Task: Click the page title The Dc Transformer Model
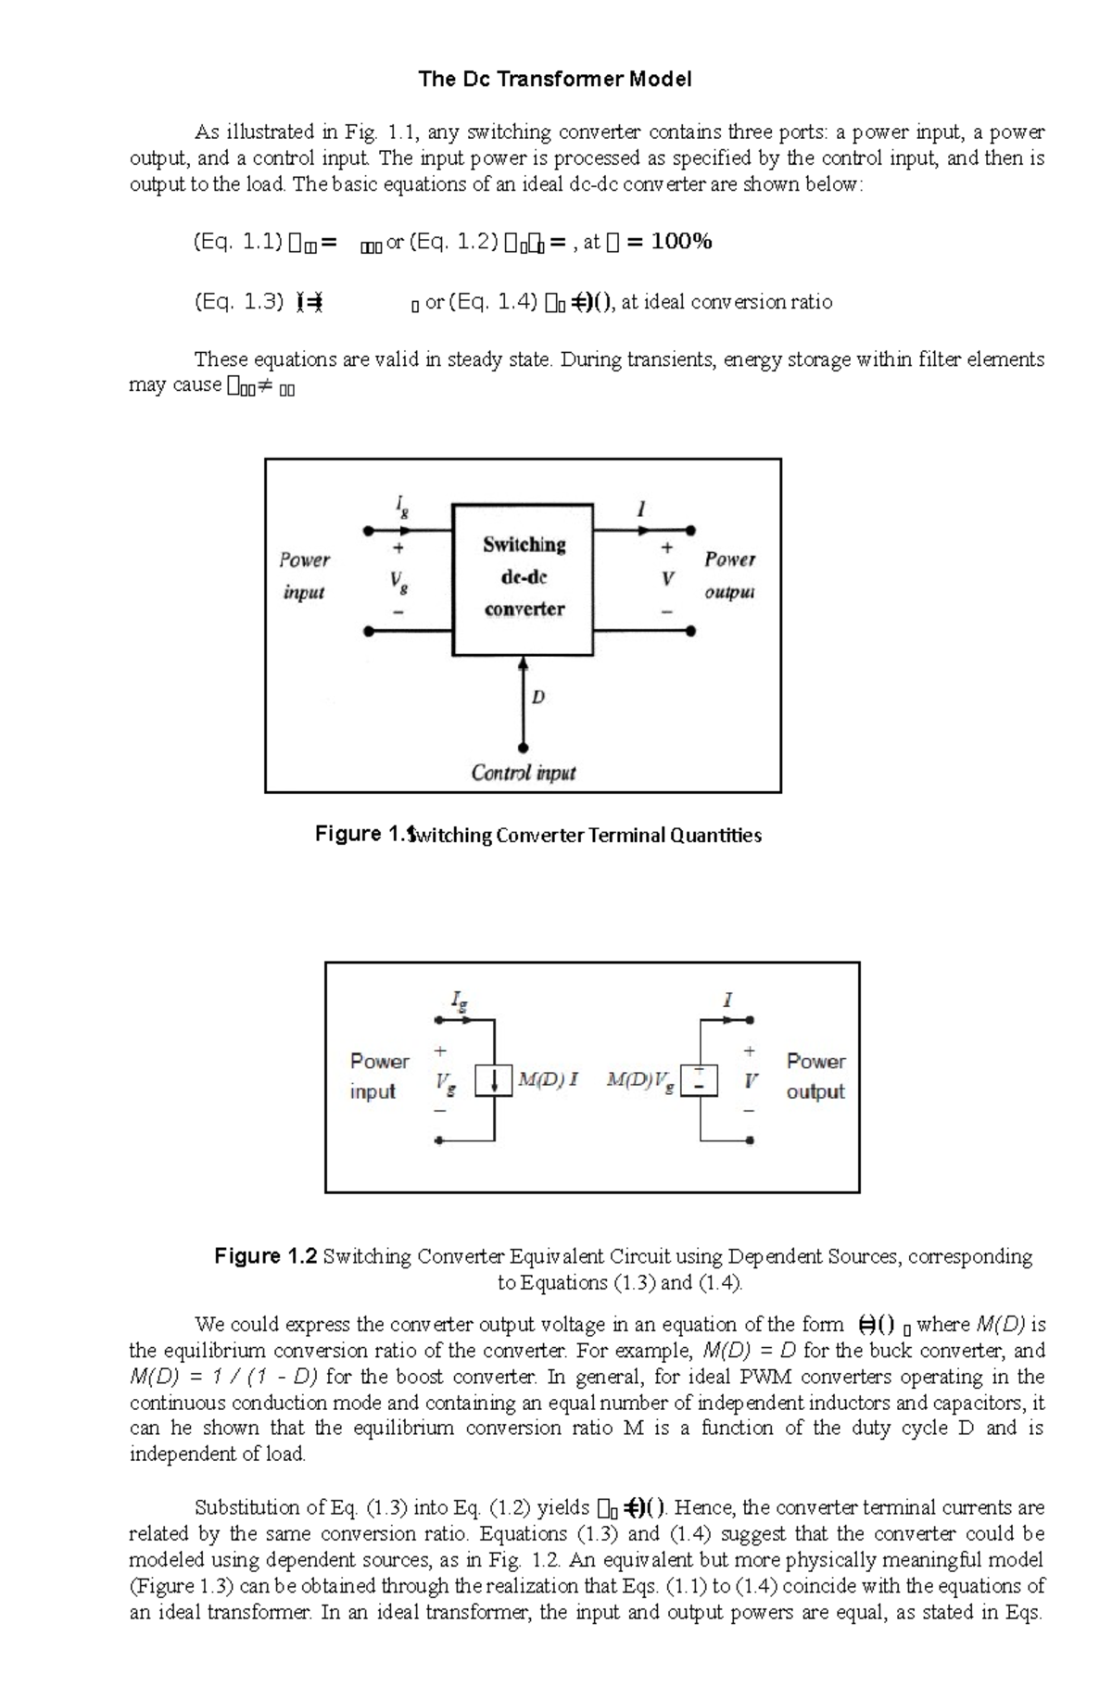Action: [x=554, y=80]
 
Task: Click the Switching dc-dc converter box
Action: [x=523, y=579]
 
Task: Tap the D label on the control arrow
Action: [x=538, y=697]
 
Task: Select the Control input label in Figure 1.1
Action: [x=523, y=773]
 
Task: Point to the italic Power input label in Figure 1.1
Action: [x=304, y=575]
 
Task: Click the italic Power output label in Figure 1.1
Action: [x=729, y=575]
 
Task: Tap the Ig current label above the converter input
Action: [x=401, y=506]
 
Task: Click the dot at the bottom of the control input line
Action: [x=523, y=747]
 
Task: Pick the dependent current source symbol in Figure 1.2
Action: [x=494, y=1081]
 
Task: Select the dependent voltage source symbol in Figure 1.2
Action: [x=700, y=1081]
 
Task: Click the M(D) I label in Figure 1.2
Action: [x=548, y=1079]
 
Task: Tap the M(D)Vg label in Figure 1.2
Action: [x=639, y=1080]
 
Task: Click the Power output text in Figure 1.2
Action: [x=815, y=1076]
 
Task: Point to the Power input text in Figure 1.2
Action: [x=379, y=1076]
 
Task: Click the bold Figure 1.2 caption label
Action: [x=266, y=1256]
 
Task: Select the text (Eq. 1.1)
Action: [x=237, y=243]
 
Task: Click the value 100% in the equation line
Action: [x=681, y=243]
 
